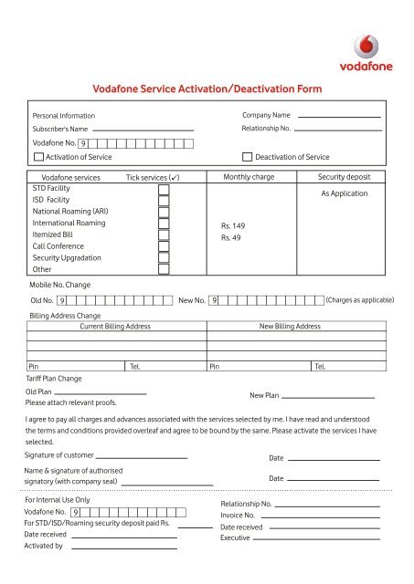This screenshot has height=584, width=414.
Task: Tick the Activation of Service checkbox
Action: coord(26,157)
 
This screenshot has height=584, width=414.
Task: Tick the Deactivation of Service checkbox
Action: coord(247,157)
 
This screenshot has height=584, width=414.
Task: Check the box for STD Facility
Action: coord(164,190)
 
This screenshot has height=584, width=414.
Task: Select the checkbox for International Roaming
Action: coord(164,224)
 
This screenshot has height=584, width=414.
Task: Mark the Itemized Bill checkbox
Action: coord(164,235)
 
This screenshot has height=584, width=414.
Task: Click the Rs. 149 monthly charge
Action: coord(234,224)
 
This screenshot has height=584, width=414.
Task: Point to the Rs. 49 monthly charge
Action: coord(231,237)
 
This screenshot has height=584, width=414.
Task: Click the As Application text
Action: coord(345,193)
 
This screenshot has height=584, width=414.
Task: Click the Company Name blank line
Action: coord(339,118)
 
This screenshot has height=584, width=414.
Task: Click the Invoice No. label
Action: coord(238,516)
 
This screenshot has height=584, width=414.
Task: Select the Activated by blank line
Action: coord(123,549)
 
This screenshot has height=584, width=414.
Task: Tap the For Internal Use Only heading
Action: coord(57,500)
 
